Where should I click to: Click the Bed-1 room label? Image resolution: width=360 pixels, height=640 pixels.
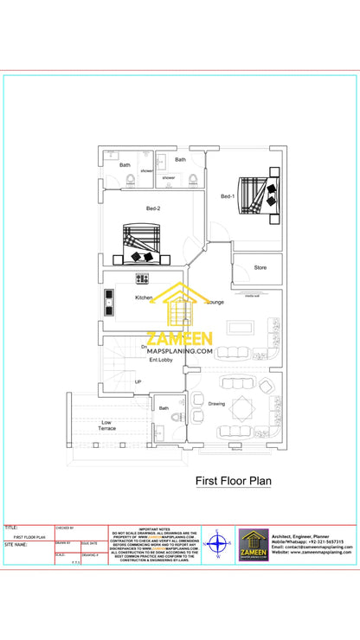tap(227, 197)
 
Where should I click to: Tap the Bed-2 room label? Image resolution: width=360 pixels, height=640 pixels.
tap(153, 208)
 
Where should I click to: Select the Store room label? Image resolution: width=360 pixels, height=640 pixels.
tap(260, 267)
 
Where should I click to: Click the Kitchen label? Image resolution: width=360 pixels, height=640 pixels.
tap(144, 298)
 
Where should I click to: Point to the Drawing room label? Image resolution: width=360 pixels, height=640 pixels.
tap(216, 404)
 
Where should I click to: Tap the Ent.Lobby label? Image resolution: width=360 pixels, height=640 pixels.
tap(161, 360)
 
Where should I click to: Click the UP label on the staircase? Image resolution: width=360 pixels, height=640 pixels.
tap(138, 381)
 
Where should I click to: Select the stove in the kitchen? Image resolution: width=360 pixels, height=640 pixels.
tap(142, 278)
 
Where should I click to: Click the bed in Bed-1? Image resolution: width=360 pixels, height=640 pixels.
tap(258, 195)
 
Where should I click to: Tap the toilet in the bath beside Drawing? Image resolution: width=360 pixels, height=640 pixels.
tap(177, 416)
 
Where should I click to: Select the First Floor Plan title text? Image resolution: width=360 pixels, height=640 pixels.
tap(233, 480)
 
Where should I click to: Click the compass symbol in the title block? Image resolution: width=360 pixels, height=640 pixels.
tap(218, 545)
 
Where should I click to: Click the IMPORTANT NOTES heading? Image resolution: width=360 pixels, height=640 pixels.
tap(154, 527)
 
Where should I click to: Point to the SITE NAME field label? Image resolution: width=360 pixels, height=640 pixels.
tap(16, 545)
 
